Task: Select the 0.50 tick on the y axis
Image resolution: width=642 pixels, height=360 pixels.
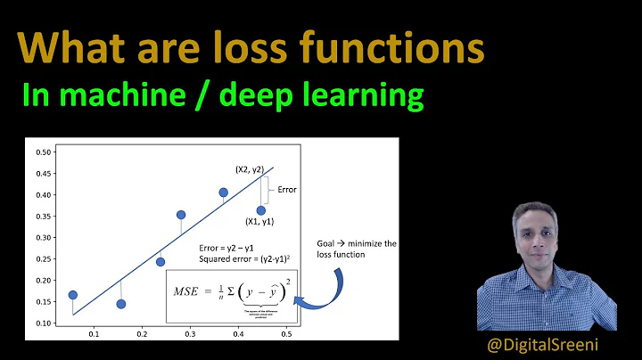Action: (x=42, y=151)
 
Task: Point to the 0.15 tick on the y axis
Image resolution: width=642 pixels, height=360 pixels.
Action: (x=42, y=302)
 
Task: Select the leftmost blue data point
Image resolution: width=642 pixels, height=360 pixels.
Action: (x=72, y=295)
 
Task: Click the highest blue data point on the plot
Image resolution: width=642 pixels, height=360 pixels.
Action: (x=223, y=192)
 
